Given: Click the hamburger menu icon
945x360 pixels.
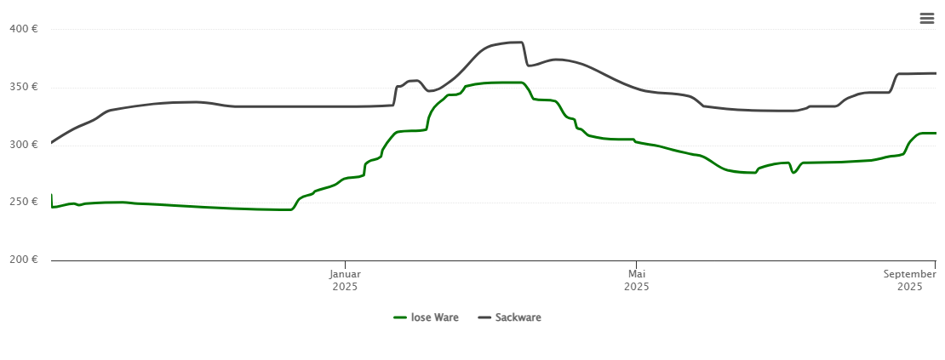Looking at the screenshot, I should coord(926,19).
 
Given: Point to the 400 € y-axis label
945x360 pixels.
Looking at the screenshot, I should coord(23,29).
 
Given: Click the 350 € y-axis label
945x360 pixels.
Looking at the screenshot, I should coord(23,87).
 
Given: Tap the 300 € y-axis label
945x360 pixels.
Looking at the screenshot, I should coord(23,145).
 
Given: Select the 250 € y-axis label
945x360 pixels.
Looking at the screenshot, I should coord(23,202).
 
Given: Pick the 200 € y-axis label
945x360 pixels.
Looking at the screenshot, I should coord(23,260).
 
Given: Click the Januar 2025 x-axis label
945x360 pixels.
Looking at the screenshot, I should coord(345,280).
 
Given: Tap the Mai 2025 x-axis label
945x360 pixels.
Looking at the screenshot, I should coord(636,280).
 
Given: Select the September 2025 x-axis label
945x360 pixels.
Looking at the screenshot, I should coord(909,280).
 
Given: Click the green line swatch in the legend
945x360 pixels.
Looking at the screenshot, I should coord(400,317).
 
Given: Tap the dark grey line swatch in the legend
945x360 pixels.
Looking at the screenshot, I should coord(484,317).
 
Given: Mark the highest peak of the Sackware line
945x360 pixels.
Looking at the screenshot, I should coord(516,42).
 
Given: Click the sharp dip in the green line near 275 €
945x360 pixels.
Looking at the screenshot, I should coord(793,173).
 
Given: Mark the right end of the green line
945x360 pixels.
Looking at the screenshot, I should coord(936,133).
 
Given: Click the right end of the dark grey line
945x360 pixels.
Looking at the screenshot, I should coord(936,73).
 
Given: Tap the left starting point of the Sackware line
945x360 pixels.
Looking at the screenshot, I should coord(51,142).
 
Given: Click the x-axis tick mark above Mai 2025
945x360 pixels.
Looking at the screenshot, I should coord(636,264).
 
